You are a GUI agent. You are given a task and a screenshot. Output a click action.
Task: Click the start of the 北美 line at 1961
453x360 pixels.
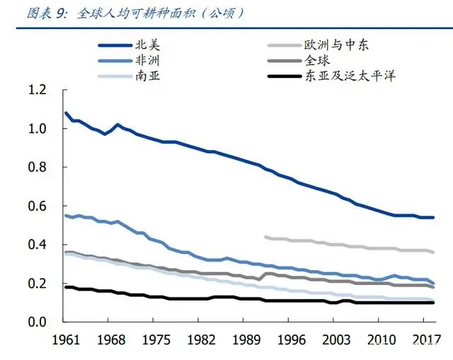click(66, 113)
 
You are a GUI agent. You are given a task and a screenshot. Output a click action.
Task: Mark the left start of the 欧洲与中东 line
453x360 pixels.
click(265, 237)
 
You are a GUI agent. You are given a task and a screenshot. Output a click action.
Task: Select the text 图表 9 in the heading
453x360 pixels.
click(26, 13)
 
